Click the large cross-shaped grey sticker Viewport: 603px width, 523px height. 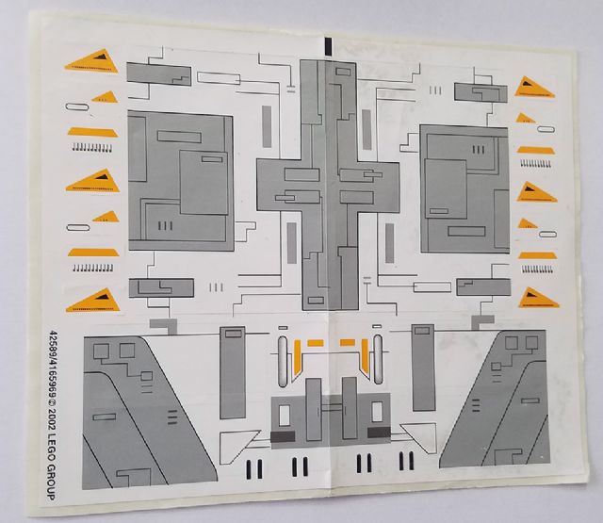[328, 180]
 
